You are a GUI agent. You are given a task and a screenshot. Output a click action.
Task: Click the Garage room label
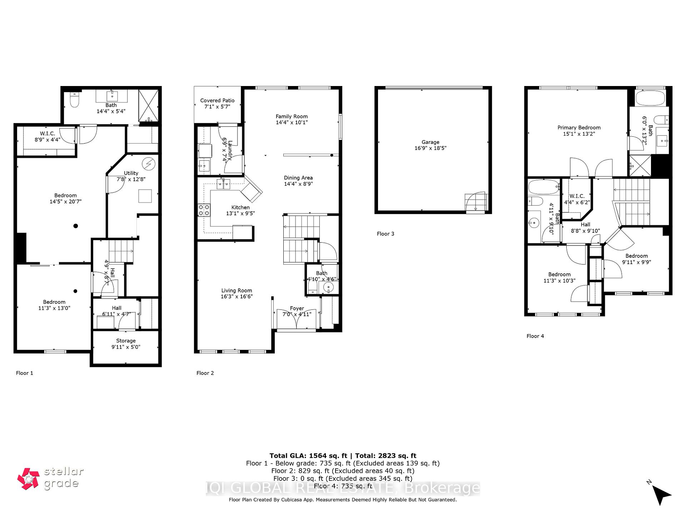pos(430,142)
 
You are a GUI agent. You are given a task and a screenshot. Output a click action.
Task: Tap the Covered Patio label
pos(217,101)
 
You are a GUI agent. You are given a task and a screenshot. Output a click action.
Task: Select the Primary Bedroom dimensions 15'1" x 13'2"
pos(579,134)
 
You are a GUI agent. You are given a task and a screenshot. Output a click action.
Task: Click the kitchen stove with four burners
pos(204,210)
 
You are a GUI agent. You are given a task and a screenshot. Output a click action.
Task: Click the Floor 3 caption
pos(386,234)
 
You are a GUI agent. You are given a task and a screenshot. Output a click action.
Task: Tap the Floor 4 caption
pos(535,336)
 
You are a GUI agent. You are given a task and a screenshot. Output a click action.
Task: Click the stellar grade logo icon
pos(28,478)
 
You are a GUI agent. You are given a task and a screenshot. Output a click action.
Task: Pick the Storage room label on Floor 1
pos(126,341)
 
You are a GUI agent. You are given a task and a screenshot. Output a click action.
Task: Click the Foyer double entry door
pos(297,319)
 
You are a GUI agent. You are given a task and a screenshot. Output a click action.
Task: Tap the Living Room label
pos(237,291)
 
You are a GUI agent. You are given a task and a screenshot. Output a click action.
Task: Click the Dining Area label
pos(298,178)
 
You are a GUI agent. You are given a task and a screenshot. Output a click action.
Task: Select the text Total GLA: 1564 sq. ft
pos(308,455)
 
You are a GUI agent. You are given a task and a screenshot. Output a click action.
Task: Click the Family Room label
pos(292,116)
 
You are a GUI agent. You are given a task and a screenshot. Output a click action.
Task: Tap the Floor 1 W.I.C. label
pos(48,133)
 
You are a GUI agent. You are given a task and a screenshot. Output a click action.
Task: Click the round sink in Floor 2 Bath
pos(328,287)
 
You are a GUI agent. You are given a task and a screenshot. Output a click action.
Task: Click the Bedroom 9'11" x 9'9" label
pos(636,256)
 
